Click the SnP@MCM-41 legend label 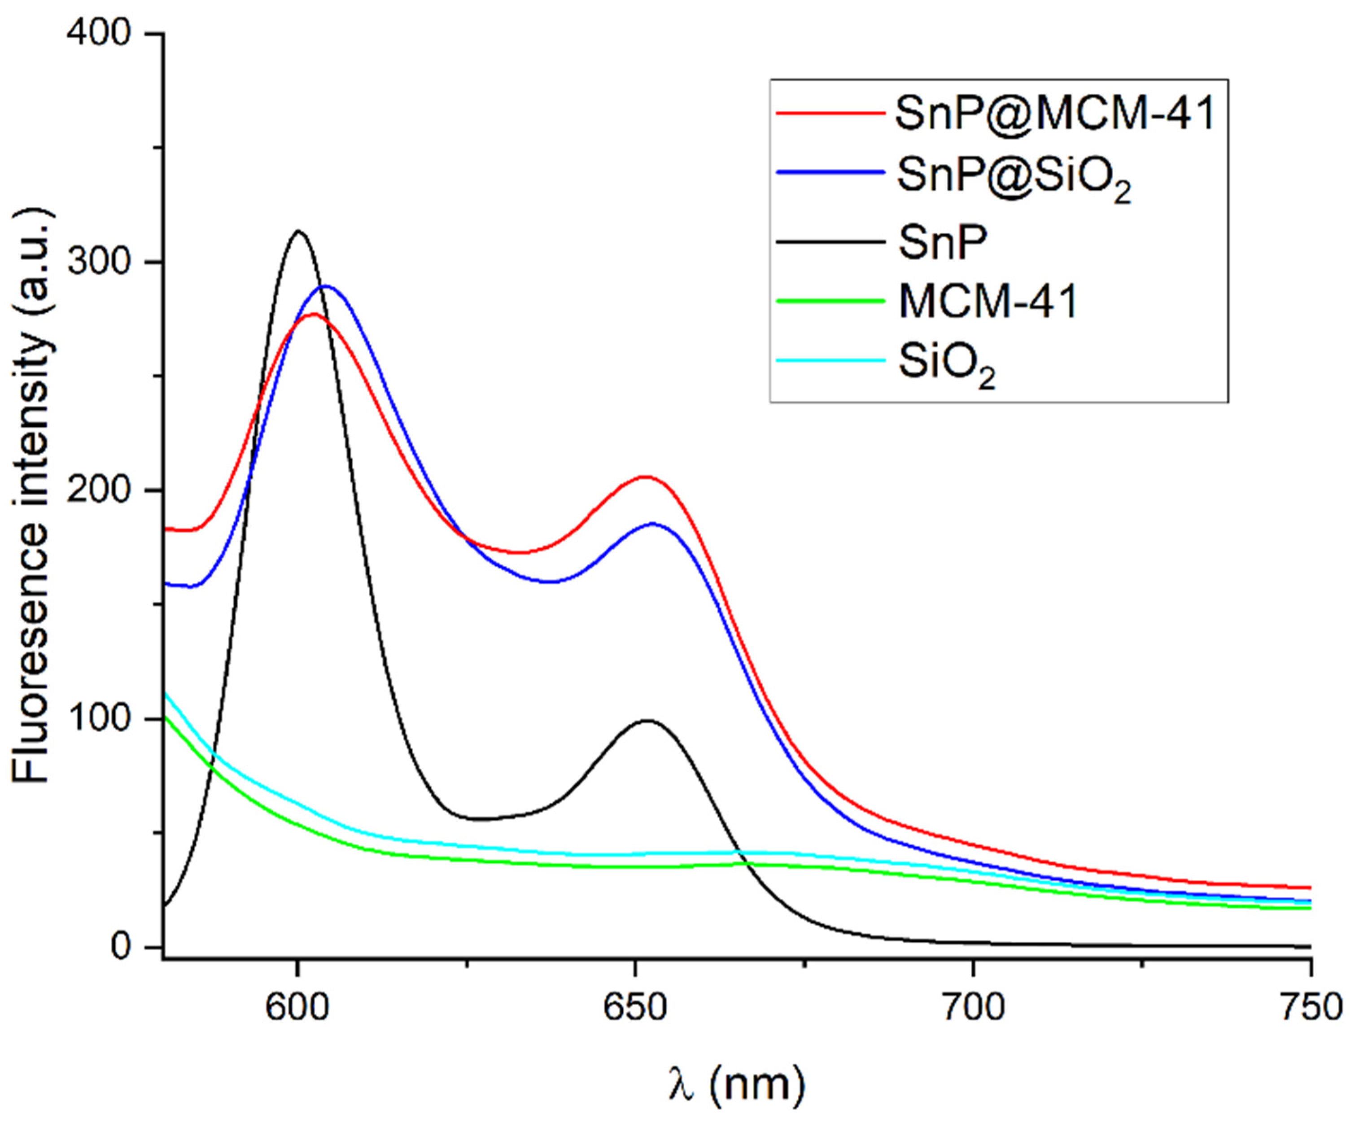click(x=1054, y=114)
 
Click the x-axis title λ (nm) click(x=737, y=1084)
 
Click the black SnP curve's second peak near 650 click(x=647, y=720)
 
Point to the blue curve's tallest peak click(x=326, y=286)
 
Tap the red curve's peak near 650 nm click(x=645, y=477)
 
